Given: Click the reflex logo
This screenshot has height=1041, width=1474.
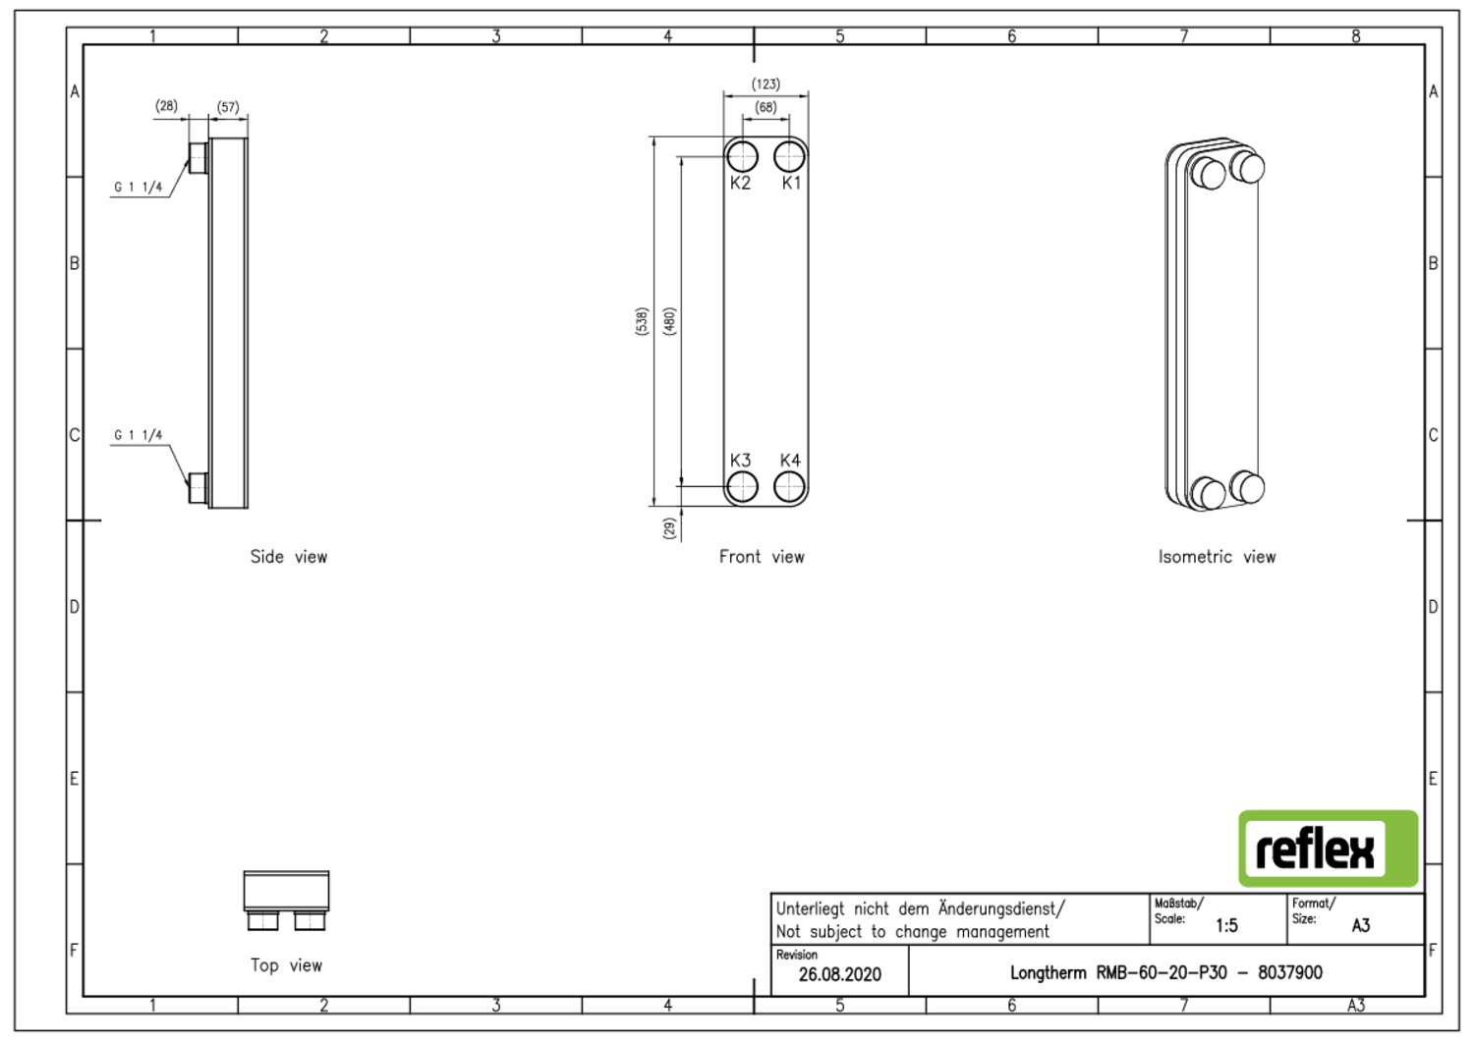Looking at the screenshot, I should [1327, 849].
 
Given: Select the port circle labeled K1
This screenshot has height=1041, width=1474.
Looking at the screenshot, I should [789, 156].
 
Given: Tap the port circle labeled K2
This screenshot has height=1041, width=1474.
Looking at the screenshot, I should [742, 156].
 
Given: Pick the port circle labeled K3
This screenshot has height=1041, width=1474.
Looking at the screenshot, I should [742, 486].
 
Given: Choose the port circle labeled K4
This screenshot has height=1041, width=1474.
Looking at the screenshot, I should [789, 486].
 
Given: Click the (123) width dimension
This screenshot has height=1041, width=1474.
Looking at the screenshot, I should [765, 84].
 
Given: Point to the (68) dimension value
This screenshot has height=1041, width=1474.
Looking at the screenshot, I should [765, 107].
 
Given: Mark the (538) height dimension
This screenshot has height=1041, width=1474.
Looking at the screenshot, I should [642, 321].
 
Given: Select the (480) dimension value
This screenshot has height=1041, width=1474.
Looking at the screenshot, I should [669, 321].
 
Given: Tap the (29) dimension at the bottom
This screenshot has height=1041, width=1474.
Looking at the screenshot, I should [669, 528].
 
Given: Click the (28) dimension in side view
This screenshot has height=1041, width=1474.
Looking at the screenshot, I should [166, 106].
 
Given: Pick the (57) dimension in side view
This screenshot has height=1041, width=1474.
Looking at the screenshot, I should [228, 107].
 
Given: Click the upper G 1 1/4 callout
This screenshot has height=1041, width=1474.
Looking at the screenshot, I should [139, 187].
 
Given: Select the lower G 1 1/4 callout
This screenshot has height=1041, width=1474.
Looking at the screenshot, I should [139, 435].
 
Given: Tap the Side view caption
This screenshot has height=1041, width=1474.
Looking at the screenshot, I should [288, 557].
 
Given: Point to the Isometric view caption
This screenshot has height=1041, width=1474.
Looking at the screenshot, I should [1217, 557].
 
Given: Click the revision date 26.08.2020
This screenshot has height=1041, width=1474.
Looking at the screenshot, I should [839, 974].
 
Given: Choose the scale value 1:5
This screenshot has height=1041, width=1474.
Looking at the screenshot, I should [1226, 925].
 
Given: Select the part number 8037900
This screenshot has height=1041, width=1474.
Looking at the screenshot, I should [1289, 972].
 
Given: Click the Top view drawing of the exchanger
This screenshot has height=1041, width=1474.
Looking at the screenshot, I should [286, 899].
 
